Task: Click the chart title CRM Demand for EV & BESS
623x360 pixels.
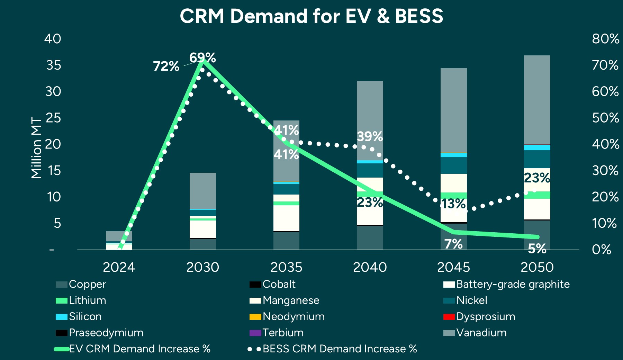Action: pyautogui.click(x=311, y=16)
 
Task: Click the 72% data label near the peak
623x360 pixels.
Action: pyautogui.click(x=166, y=66)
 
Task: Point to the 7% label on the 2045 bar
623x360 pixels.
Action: pyautogui.click(x=453, y=244)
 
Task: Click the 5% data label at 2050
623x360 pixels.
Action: pyautogui.click(x=537, y=249)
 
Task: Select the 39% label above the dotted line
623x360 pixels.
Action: pyautogui.click(x=370, y=136)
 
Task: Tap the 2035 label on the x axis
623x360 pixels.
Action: pyautogui.click(x=286, y=267)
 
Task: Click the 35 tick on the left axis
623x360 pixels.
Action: pyautogui.click(x=53, y=65)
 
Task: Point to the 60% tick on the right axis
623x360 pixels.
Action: pyautogui.click(x=605, y=91)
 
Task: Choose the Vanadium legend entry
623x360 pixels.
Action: pyautogui.click(x=481, y=333)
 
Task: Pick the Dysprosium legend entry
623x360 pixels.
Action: pyautogui.click(x=485, y=316)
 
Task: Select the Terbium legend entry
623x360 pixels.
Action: pyautogui.click(x=283, y=333)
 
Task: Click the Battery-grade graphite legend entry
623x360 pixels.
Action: pyautogui.click(x=513, y=284)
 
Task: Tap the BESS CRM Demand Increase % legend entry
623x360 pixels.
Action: pyautogui.click(x=339, y=349)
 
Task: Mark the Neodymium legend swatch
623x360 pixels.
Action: pyautogui.click(x=255, y=317)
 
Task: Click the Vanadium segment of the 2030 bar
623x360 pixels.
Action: pyautogui.click(x=202, y=190)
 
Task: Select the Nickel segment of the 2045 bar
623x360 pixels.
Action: pyautogui.click(x=453, y=165)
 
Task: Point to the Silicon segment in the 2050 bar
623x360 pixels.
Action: pyautogui.click(x=537, y=147)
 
